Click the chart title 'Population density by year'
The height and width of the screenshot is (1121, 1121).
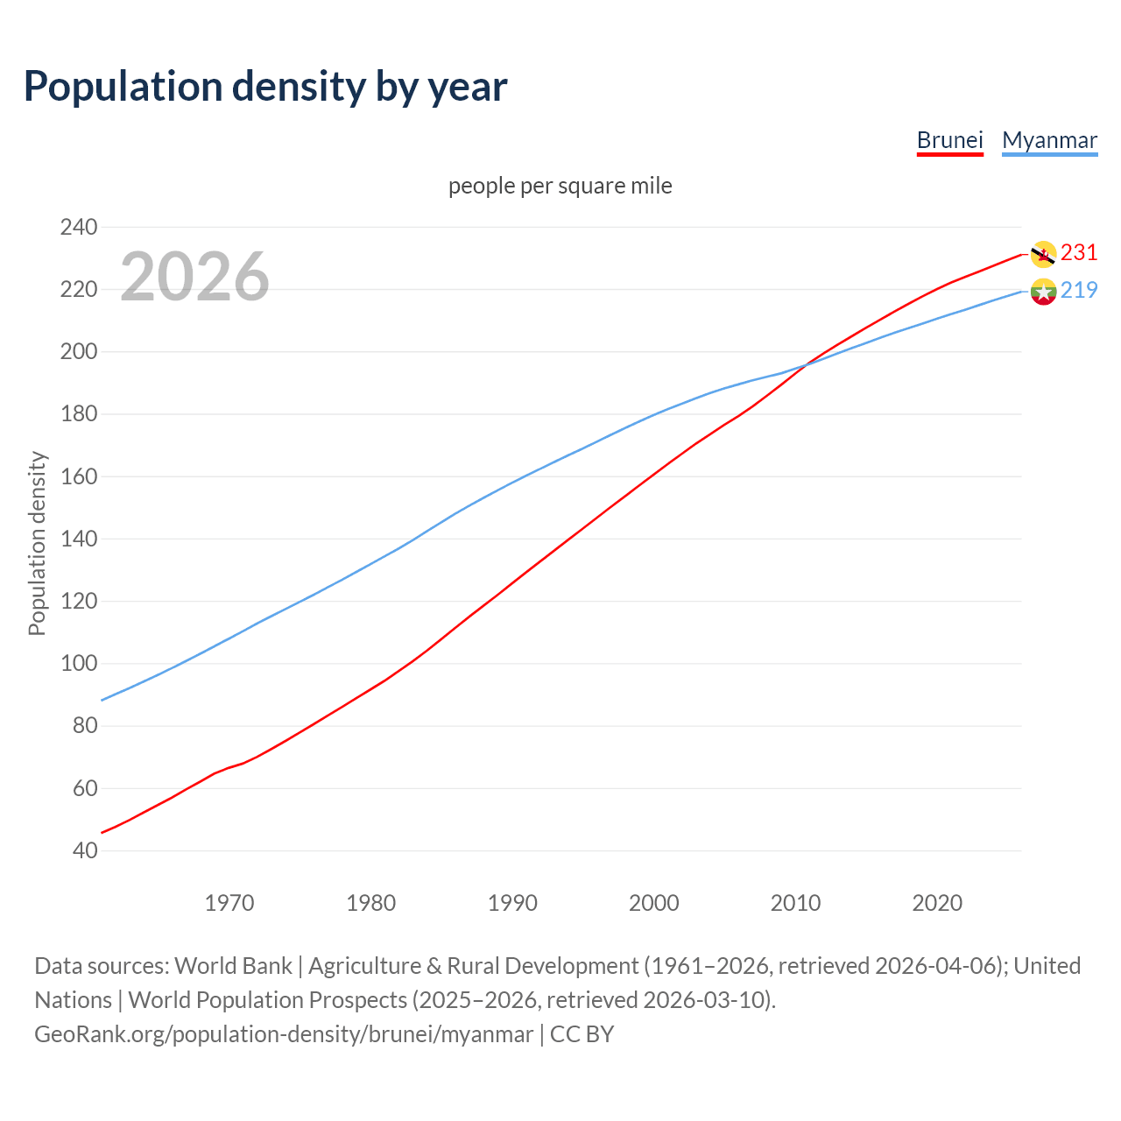(265, 86)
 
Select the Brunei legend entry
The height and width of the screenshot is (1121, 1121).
(949, 140)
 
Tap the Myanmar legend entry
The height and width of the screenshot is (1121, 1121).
(1049, 140)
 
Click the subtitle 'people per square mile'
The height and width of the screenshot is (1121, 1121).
(560, 186)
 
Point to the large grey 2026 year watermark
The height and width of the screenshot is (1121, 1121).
(194, 277)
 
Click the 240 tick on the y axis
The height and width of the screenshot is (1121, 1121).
(79, 227)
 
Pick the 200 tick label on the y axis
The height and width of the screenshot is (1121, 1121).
(79, 351)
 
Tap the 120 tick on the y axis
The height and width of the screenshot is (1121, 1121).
(79, 601)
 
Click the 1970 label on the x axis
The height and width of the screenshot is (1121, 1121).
(229, 903)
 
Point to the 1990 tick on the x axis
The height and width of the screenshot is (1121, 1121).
(512, 903)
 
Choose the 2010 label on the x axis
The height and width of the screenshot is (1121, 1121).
(795, 903)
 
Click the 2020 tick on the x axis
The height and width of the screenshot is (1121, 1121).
(937, 903)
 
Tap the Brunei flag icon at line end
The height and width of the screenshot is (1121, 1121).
(1042, 254)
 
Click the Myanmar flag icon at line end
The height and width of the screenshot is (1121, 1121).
(1042, 291)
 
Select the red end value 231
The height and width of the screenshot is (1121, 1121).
(1079, 252)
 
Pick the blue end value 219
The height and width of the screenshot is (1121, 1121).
(1079, 290)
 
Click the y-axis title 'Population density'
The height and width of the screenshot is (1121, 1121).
(37, 543)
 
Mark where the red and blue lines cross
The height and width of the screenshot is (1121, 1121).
(804, 364)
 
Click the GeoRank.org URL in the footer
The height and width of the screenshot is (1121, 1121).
(284, 1033)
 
